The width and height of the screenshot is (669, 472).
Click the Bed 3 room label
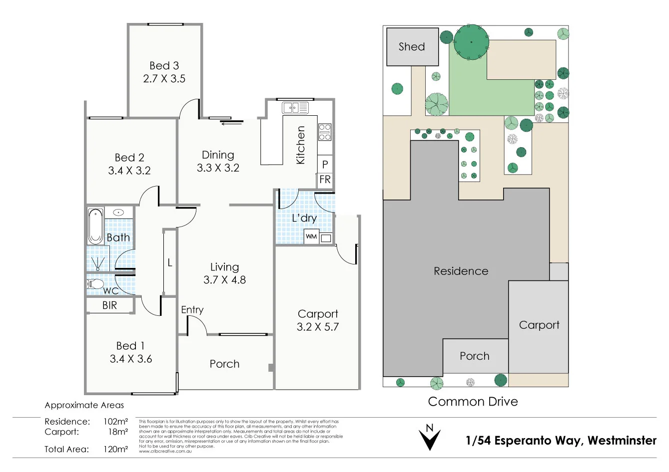[164, 66]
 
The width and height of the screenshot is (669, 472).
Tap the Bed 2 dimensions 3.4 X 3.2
[129, 171]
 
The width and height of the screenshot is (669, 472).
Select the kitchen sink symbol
[295, 107]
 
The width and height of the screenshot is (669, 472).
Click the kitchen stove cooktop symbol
[325, 132]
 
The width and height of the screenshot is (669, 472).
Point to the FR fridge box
[325, 180]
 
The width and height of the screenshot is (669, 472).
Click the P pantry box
[325, 164]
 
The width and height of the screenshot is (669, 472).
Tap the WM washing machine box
[311, 236]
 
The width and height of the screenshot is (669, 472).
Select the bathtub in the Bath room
[95, 226]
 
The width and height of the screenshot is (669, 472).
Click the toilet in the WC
[95, 284]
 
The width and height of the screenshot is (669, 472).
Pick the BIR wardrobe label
[109, 305]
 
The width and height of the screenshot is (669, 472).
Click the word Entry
[192, 310]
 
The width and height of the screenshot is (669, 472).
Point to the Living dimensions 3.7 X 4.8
[224, 280]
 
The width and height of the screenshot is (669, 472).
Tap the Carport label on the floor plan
[318, 314]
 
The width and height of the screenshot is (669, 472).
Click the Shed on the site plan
[412, 47]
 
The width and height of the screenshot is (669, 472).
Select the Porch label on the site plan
[475, 356]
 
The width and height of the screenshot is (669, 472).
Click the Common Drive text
[473, 402]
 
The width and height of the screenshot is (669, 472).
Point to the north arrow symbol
[429, 437]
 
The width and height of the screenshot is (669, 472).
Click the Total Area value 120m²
[115, 449]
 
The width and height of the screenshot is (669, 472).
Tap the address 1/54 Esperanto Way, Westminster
[561, 441]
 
